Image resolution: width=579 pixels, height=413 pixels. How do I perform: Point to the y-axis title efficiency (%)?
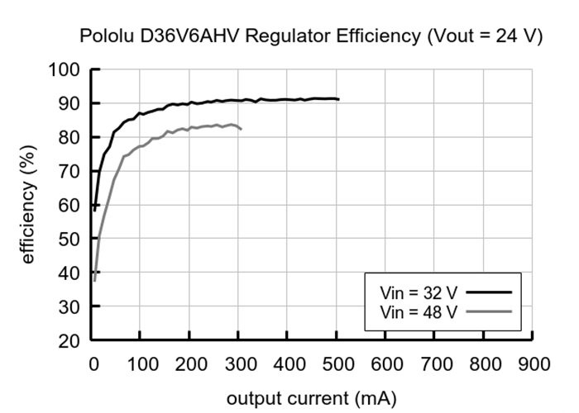pos(29,204)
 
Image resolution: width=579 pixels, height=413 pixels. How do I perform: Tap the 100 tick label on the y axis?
pos(65,69)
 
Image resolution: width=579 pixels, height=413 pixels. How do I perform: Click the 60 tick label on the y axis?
pos(69,205)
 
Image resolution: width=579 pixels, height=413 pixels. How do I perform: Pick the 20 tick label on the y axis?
pos(69,340)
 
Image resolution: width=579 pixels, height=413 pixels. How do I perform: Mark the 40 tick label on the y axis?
pos(69,273)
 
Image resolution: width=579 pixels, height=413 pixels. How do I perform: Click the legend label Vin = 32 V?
pos(410,293)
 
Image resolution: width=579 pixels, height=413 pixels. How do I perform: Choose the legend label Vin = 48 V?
pos(410,311)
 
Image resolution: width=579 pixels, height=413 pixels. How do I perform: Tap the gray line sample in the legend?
pos(488,311)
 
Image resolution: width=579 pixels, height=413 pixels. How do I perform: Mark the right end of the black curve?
pos(338,99)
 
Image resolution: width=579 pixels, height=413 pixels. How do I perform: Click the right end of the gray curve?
pos(241,129)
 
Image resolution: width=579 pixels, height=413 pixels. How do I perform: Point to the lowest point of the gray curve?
pos(94,280)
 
